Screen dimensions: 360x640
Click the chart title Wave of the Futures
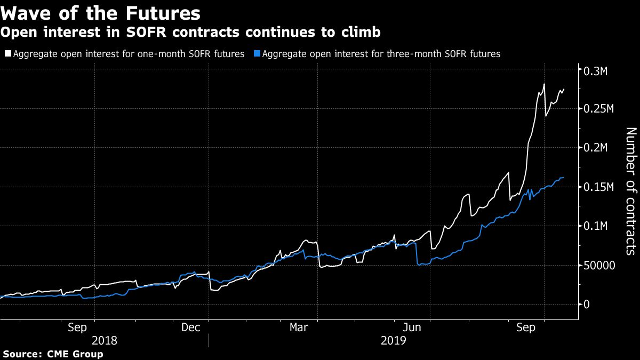(x=101, y=12)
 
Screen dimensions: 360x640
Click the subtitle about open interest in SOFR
(x=190, y=33)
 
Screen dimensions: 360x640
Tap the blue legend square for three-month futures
(x=259, y=54)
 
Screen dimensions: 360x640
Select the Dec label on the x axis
(x=190, y=327)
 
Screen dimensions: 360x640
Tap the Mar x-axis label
(x=299, y=327)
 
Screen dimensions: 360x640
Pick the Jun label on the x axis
(x=412, y=327)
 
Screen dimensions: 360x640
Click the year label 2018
(x=105, y=340)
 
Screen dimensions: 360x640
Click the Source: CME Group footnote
(x=53, y=354)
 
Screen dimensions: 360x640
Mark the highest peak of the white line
(x=544, y=84)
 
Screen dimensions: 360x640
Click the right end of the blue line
(x=563, y=177)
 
